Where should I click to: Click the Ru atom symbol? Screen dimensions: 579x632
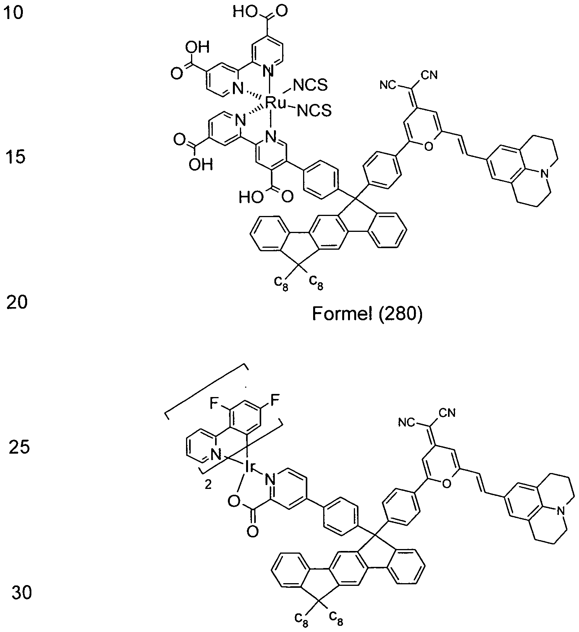[276, 103]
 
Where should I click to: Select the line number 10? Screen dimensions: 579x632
[14, 13]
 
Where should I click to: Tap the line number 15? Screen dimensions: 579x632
[16, 157]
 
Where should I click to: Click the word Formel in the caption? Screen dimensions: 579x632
[340, 314]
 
